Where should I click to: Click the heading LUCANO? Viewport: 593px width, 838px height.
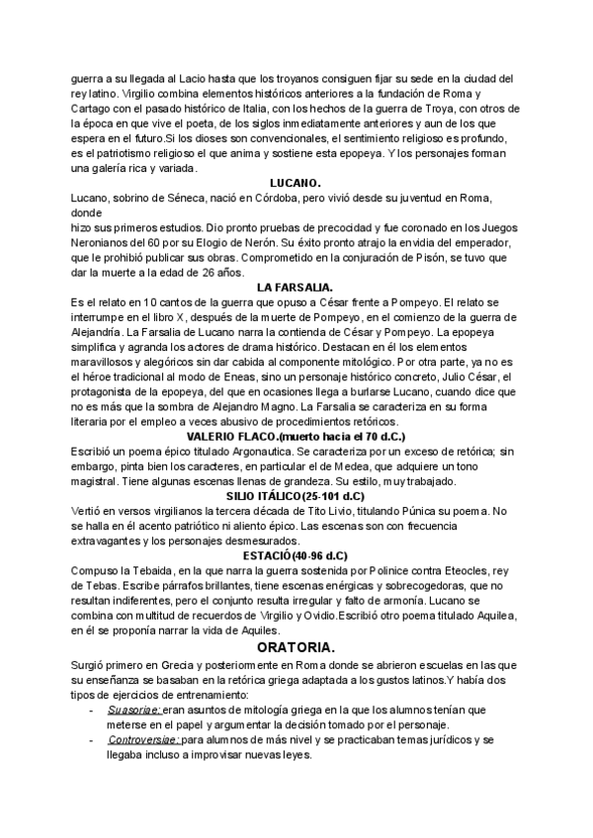[x=296, y=183]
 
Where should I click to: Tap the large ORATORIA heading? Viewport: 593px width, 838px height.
[x=296, y=647]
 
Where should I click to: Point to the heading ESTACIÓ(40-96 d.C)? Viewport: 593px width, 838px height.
[x=296, y=556]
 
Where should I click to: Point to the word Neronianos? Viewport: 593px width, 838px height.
[x=105, y=242]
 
